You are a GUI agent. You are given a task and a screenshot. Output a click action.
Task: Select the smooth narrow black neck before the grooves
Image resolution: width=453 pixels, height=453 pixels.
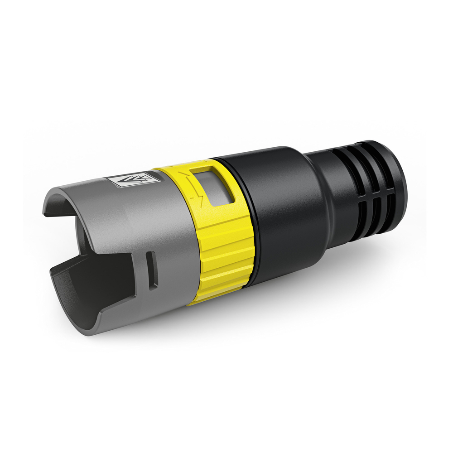point(328,181)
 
